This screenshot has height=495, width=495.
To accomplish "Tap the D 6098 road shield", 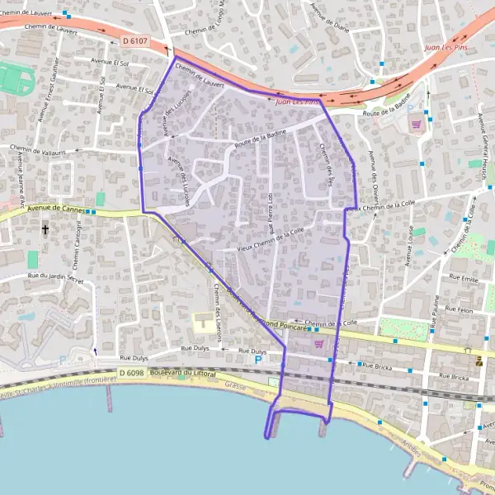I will (132, 374).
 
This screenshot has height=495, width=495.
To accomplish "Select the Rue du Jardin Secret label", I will (55, 278).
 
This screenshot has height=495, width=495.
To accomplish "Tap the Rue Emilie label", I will (466, 277).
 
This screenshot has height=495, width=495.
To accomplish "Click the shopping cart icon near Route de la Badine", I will (417, 125).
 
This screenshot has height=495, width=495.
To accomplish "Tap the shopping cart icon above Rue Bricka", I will (318, 344).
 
